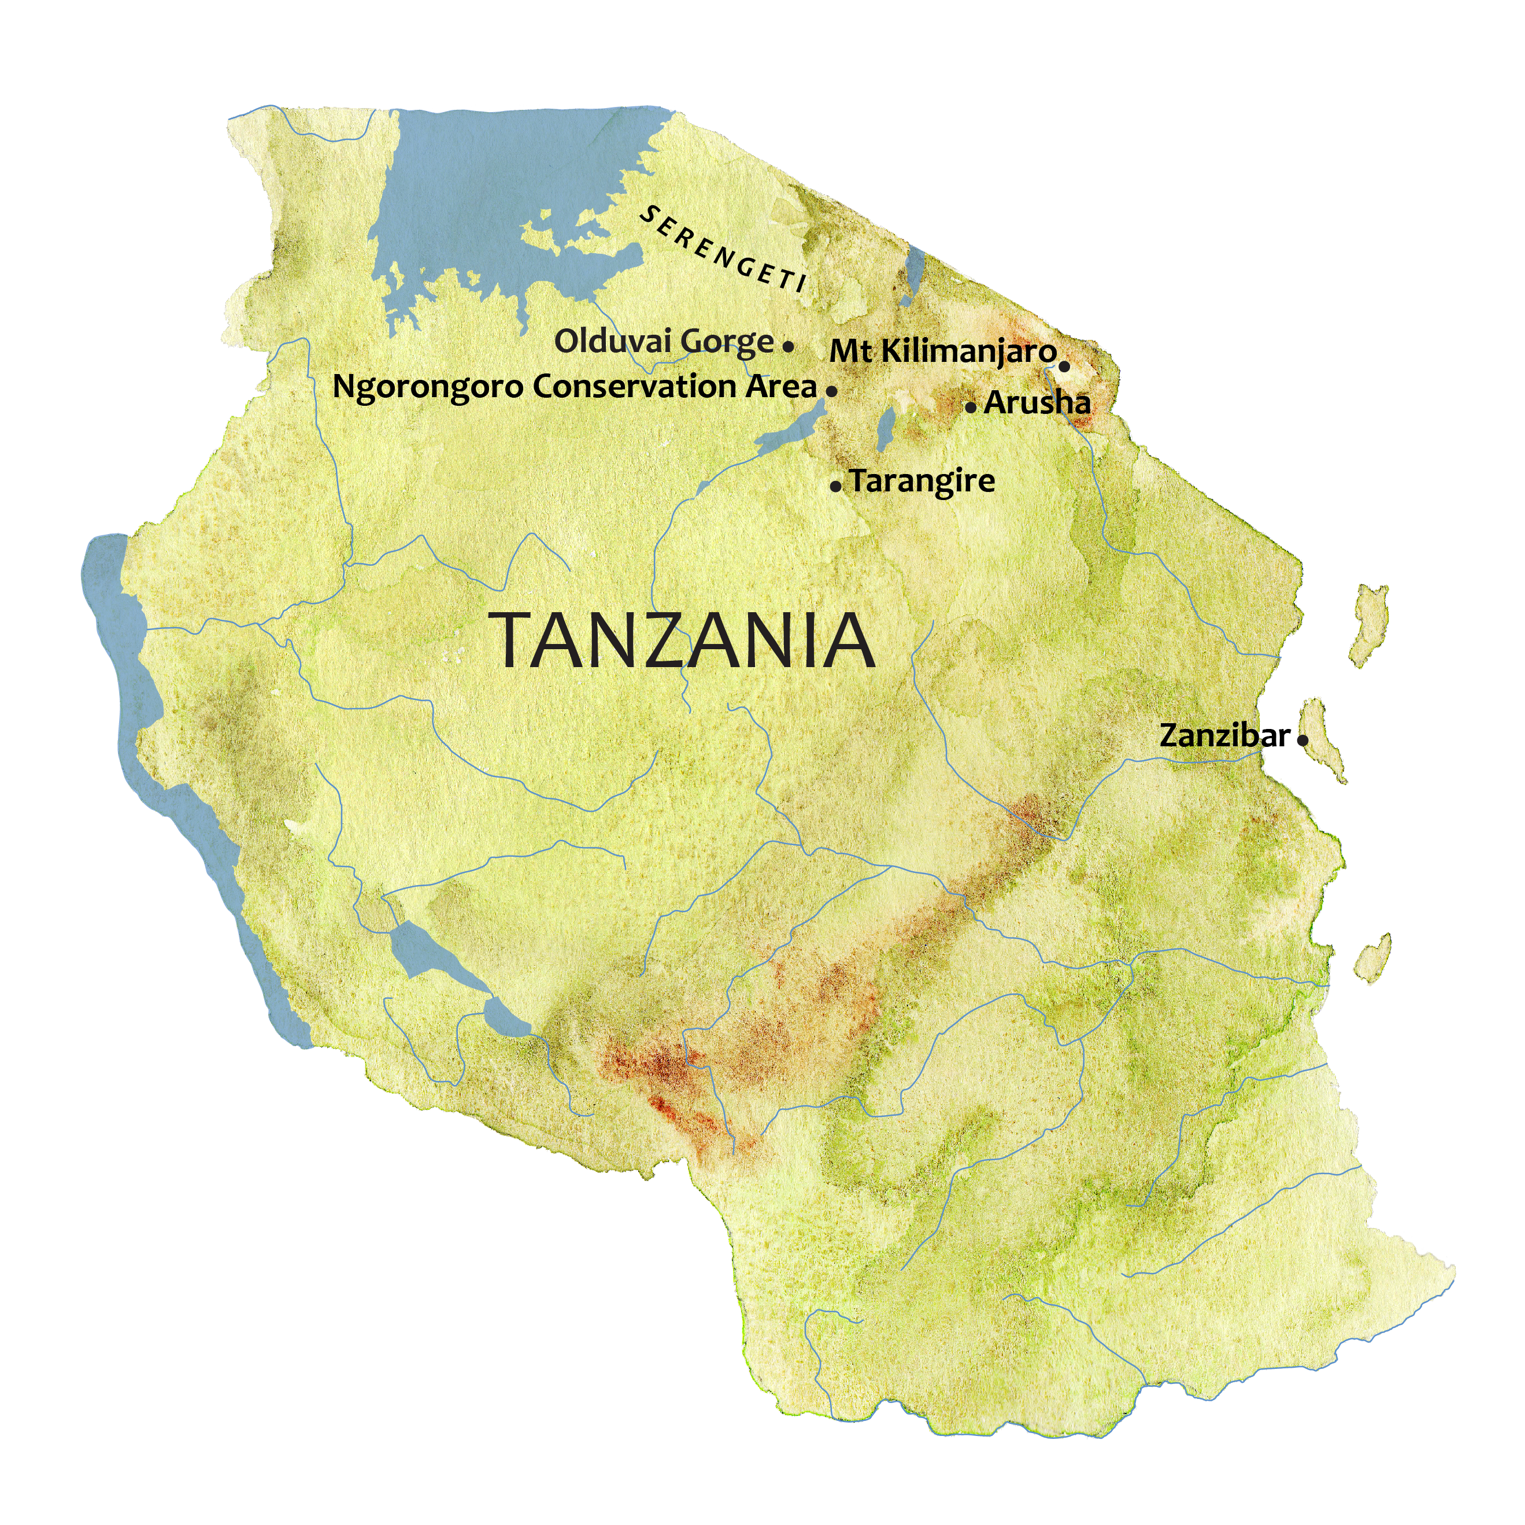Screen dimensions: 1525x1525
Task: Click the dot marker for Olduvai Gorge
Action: click(x=788, y=346)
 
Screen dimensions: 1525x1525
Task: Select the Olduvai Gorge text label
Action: click(x=664, y=342)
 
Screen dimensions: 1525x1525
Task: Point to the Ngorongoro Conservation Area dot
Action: click(x=831, y=391)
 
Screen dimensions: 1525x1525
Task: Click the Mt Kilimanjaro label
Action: click(x=942, y=351)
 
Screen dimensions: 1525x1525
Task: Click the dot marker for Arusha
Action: click(x=971, y=408)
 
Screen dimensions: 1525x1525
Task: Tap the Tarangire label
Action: click(x=923, y=481)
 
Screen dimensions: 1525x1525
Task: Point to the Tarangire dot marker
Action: click(x=836, y=487)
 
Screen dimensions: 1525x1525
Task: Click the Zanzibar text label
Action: click(x=1224, y=736)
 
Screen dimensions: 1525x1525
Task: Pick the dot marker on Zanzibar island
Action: click(x=1302, y=741)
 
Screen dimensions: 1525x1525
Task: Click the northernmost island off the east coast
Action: click(x=1369, y=624)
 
